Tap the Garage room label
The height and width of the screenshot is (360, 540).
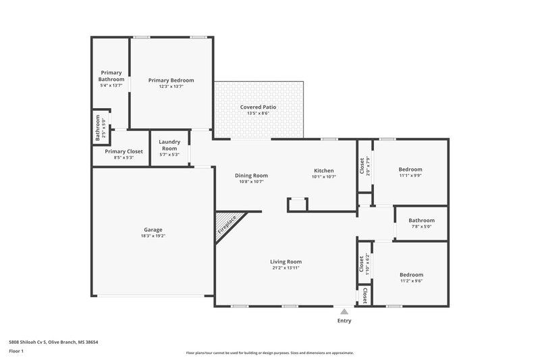tap(153, 229)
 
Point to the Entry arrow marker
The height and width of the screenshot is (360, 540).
tap(344, 311)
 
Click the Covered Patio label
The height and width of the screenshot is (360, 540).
tap(259, 107)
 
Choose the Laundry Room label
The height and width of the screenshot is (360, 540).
tap(169, 145)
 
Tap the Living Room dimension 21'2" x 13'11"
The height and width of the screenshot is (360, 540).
tap(286, 267)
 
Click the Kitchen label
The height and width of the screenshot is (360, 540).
tap(324, 170)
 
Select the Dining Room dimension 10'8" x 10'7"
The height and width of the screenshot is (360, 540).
tap(251, 181)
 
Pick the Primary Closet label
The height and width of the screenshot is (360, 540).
tap(124, 151)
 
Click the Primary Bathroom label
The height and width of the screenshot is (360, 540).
tap(111, 76)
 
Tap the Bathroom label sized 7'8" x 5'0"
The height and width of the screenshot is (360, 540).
tap(421, 220)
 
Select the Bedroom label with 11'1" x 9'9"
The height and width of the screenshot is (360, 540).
tap(410, 169)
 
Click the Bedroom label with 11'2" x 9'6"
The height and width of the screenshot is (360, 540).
tap(411, 274)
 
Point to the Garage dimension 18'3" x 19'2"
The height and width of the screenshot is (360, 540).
tap(153, 236)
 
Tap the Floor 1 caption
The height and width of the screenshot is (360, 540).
tap(17, 351)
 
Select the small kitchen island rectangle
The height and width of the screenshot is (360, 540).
tap(297, 204)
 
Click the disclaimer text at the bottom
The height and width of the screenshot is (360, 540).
tap(269, 353)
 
